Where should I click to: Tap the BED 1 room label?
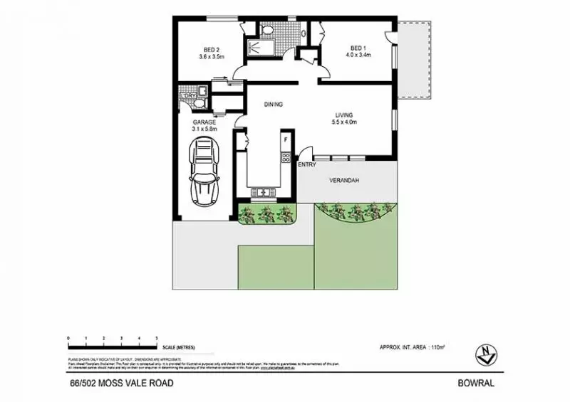(x=360, y=49)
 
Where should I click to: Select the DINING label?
(x=274, y=105)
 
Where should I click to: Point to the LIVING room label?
(x=345, y=115)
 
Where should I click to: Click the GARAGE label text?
(x=204, y=122)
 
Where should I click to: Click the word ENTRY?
(x=307, y=165)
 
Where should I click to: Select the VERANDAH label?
(x=343, y=181)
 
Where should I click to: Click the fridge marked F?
(x=286, y=140)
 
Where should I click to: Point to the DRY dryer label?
(x=190, y=96)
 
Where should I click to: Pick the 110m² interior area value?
(x=437, y=347)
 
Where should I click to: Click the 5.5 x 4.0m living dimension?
(x=345, y=122)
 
